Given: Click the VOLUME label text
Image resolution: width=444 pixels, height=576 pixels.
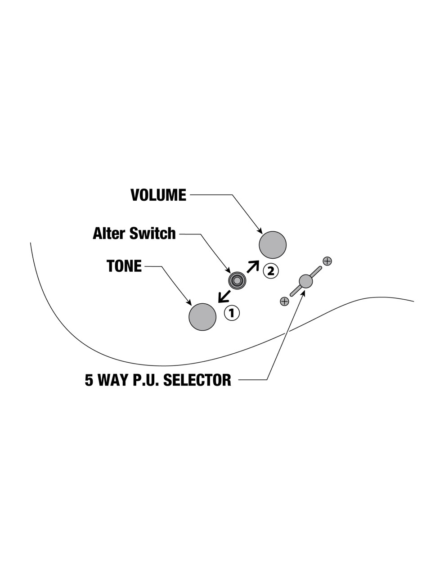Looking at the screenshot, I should (158, 195).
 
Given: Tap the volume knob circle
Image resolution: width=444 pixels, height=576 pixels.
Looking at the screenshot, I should (273, 245).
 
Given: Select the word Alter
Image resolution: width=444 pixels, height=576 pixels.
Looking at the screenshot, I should (109, 234).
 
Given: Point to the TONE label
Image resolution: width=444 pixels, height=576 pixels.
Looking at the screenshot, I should (124, 266).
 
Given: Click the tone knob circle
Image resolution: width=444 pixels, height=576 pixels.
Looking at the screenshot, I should (202, 317).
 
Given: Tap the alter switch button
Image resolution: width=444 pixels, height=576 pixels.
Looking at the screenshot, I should (237, 281).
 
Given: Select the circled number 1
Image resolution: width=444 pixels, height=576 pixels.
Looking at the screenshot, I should (232, 313).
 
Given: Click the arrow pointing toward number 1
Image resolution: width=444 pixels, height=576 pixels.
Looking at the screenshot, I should (223, 297).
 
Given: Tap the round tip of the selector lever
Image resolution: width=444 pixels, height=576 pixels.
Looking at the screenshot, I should (306, 281).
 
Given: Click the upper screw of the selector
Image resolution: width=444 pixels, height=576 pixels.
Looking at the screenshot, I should (327, 261).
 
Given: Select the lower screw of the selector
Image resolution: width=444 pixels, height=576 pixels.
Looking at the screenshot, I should (284, 301).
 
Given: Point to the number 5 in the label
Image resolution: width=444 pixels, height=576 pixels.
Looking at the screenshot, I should (89, 380).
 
